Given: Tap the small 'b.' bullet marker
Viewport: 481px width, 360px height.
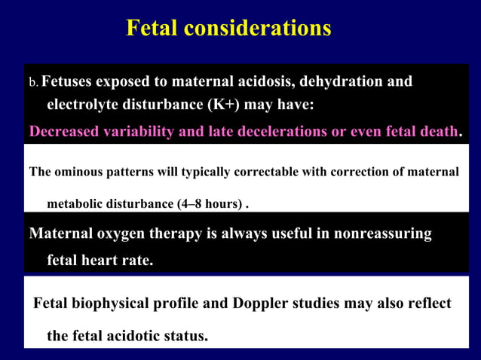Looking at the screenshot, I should tap(33, 82).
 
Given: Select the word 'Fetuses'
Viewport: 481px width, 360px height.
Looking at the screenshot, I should tap(70, 81).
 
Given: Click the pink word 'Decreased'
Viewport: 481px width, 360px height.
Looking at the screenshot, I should tap(63, 132).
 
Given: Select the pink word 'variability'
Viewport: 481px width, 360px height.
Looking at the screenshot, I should tap(139, 132).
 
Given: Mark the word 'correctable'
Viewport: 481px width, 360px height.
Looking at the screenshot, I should tap(263, 172).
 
